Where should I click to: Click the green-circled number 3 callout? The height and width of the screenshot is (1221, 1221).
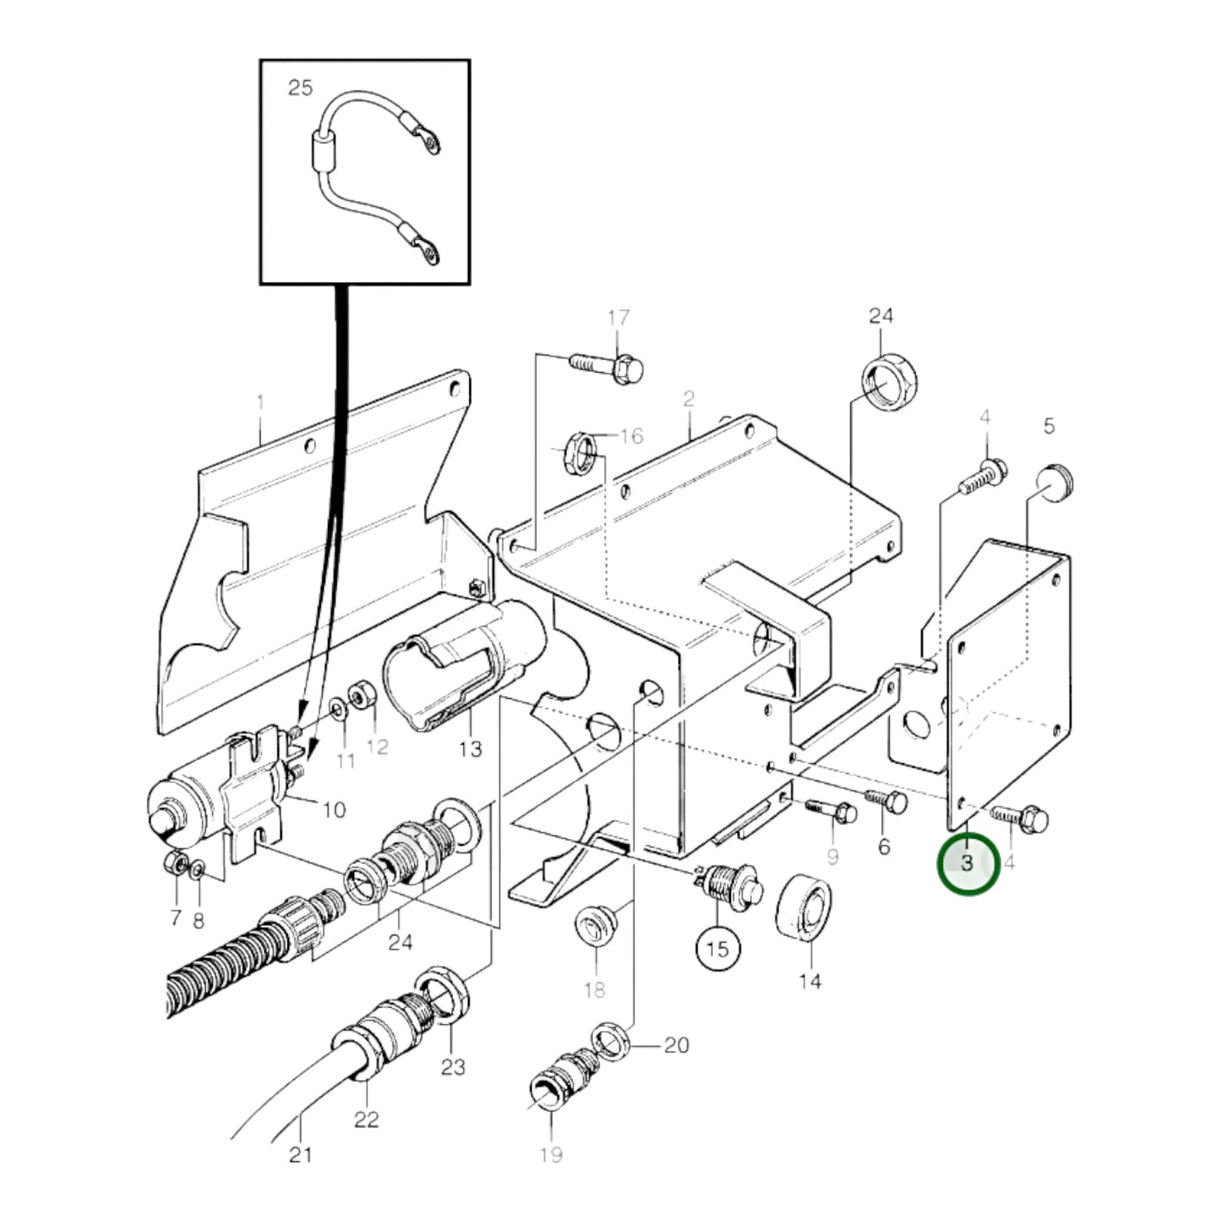[x=968, y=864]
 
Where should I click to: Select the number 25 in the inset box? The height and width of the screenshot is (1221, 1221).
[x=300, y=87]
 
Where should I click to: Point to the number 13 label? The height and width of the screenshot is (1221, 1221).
[x=470, y=749]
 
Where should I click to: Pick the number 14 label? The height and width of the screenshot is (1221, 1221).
[x=809, y=982]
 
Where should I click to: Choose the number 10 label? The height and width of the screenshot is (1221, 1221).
[x=334, y=809]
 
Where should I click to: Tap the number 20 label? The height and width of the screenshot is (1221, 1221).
[x=676, y=1045]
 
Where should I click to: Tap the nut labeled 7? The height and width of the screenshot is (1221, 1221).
[x=173, y=863]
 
